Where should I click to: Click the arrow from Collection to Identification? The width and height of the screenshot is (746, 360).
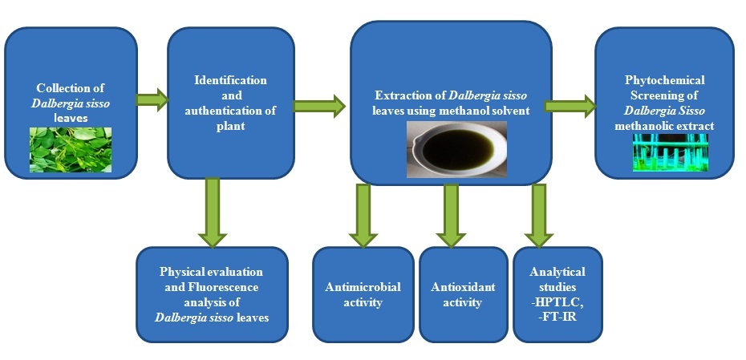coord(151,100)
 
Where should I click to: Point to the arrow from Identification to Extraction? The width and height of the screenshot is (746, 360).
coord(318,105)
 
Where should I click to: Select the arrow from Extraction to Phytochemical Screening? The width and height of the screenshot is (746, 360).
coord(570,105)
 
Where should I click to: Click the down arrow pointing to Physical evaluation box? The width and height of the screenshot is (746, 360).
coord(212,212)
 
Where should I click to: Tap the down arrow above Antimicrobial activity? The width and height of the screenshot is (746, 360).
coord(363,215)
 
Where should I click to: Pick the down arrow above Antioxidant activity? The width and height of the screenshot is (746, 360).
coord(451,215)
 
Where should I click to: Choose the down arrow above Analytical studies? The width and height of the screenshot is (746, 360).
coord(537,215)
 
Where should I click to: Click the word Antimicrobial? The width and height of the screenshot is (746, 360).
coord(363,287)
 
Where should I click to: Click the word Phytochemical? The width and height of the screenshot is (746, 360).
coord(664,80)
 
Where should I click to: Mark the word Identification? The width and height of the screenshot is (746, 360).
coord(230,80)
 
